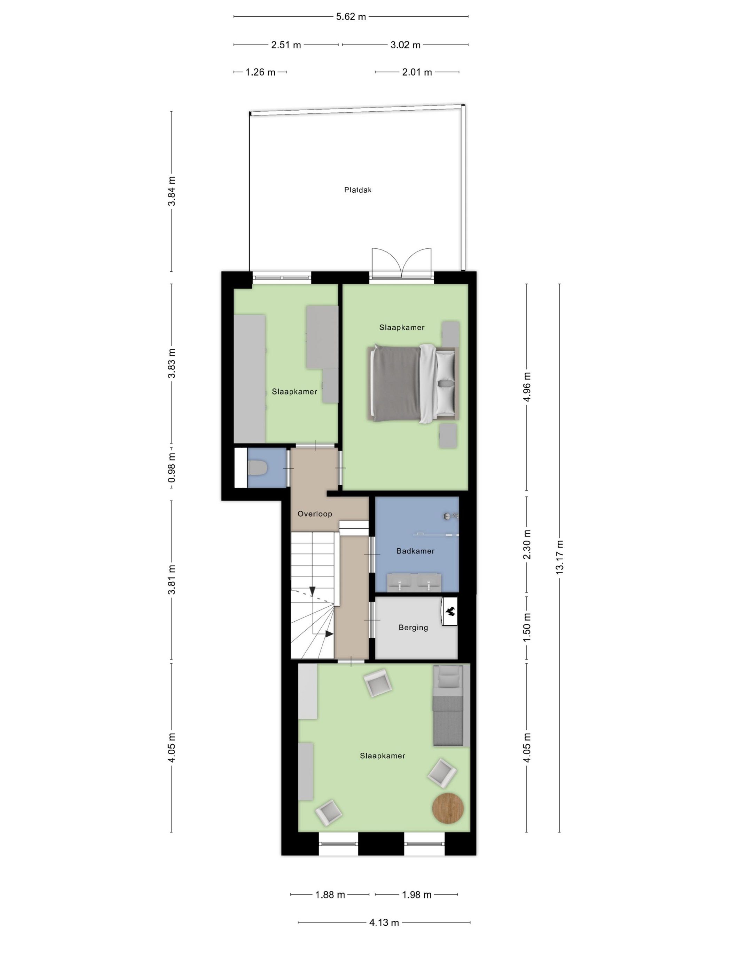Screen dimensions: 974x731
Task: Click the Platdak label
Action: (357, 190)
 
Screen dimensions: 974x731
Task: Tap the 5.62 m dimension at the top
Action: (351, 17)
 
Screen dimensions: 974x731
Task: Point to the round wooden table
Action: (448, 807)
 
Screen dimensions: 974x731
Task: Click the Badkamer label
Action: (415, 551)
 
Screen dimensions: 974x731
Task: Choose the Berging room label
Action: (413, 628)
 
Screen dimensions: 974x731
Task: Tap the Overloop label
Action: (315, 513)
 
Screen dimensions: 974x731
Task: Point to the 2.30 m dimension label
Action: (527, 544)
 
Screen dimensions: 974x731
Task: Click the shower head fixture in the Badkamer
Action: (449, 516)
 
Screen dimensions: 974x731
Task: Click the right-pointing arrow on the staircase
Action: (328, 634)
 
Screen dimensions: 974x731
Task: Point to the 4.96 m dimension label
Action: (527, 386)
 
